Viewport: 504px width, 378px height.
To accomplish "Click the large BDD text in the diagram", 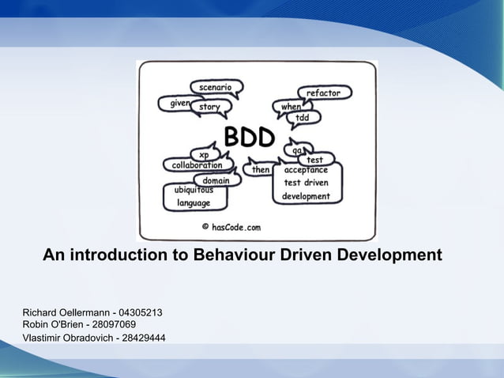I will [x=249, y=138].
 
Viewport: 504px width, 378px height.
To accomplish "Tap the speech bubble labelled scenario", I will [x=215, y=86].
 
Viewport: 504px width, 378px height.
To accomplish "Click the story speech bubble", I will [x=210, y=107].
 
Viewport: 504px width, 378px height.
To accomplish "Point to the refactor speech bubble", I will [x=323, y=93].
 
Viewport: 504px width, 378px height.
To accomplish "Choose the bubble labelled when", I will [x=291, y=107].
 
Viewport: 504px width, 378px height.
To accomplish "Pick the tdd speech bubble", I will [x=303, y=118].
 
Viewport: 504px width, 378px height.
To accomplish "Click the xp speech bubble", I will [x=205, y=155].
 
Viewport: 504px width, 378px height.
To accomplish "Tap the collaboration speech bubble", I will [x=197, y=165].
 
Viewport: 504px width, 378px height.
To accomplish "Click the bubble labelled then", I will [x=260, y=169].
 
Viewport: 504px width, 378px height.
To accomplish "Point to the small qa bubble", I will [x=297, y=149].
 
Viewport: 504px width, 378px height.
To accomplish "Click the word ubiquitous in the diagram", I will [x=194, y=190].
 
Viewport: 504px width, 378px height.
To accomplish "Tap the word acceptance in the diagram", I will [x=306, y=170].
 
